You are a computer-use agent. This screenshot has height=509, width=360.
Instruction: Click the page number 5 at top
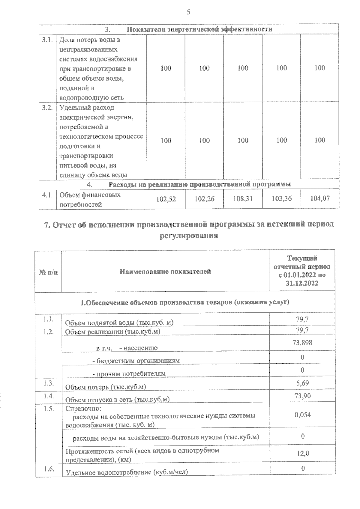pyautogui.click(x=188, y=12)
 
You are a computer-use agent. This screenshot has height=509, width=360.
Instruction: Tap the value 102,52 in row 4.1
pyautogui.click(x=166, y=199)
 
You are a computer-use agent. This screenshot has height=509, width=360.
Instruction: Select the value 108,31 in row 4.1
pyautogui.click(x=243, y=198)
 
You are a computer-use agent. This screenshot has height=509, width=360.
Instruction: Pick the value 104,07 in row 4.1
pyautogui.click(x=320, y=198)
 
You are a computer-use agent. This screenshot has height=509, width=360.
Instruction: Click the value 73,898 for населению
pyautogui.click(x=302, y=343)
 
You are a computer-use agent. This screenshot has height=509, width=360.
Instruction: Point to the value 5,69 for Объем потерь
pyautogui.click(x=302, y=383)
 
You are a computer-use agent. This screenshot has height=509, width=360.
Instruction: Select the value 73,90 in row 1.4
pyautogui.click(x=302, y=396)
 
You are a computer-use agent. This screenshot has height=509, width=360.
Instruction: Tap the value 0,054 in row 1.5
pyautogui.click(x=302, y=415)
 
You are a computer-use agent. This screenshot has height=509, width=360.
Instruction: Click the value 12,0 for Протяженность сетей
pyautogui.click(x=303, y=453)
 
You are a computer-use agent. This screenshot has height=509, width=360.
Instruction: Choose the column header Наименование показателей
pyautogui.click(x=165, y=272)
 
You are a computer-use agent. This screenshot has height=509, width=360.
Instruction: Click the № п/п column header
pyautogui.click(x=48, y=272)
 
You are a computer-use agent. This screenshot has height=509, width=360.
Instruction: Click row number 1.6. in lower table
pyautogui.click(x=49, y=469)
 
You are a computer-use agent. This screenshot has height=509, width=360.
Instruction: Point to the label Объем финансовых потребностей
pyautogui.click(x=89, y=200)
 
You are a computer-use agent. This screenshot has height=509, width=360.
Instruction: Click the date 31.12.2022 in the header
pyautogui.click(x=302, y=283)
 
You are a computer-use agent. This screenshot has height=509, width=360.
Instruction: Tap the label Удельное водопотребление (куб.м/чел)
pyautogui.click(x=127, y=472)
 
